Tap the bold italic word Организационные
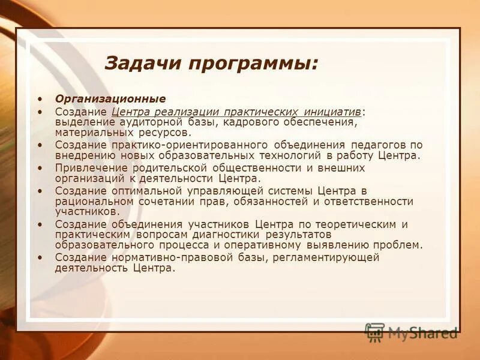tap(110, 98)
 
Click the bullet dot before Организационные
tap(40, 98)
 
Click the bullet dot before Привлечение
tap(40, 168)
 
